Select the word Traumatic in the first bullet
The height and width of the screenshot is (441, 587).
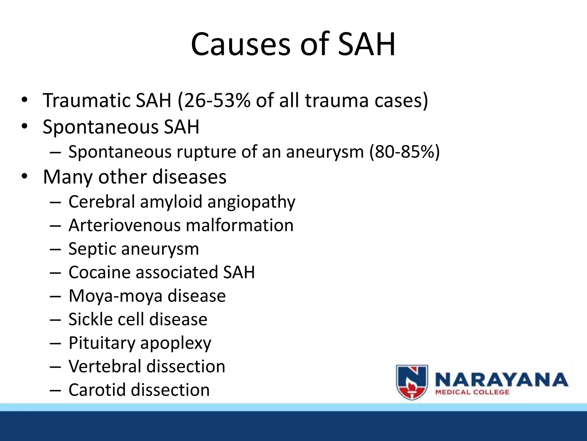click(86, 100)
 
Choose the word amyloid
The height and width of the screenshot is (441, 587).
click(171, 202)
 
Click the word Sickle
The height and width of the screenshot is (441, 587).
click(91, 319)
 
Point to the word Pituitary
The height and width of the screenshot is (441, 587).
click(102, 343)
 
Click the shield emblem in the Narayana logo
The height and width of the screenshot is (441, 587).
click(412, 382)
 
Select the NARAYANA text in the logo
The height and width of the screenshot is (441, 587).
click(501, 380)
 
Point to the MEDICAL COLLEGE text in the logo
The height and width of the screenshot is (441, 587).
click(472, 392)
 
